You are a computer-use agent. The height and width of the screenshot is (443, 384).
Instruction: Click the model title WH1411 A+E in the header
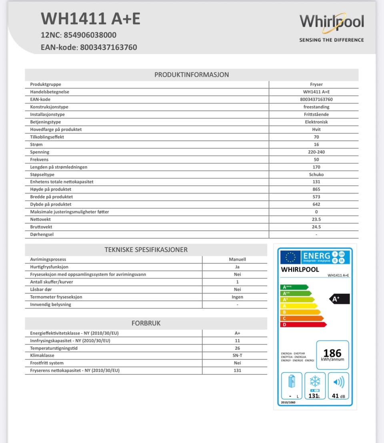coord(91,18)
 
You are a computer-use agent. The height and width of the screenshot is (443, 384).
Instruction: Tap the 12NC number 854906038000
coord(90,35)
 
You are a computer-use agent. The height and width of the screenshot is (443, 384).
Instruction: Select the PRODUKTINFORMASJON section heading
coord(192,75)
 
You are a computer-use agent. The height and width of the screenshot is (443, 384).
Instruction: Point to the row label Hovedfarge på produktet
coord(56,129)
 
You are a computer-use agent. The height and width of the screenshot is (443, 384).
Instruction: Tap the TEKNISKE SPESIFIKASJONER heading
coord(146,250)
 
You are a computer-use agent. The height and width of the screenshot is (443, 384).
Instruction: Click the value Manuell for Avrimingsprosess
coord(237,259)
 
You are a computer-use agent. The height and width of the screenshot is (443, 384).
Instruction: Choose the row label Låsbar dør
coord(41,289)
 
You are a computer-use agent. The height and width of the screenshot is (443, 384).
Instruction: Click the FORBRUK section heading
coord(146,323)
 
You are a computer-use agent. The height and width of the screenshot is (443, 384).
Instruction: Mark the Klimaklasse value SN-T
coord(237,355)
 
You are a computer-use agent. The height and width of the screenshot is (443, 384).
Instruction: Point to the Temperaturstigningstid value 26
coord(237,348)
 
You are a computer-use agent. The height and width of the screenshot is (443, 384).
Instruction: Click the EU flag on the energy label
coord(290,257)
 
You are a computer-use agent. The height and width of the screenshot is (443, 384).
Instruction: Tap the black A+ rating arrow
coord(339,299)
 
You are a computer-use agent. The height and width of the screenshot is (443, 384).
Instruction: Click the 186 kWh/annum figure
coord(332,353)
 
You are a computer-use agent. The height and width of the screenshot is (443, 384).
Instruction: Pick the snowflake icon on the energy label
coord(315,381)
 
